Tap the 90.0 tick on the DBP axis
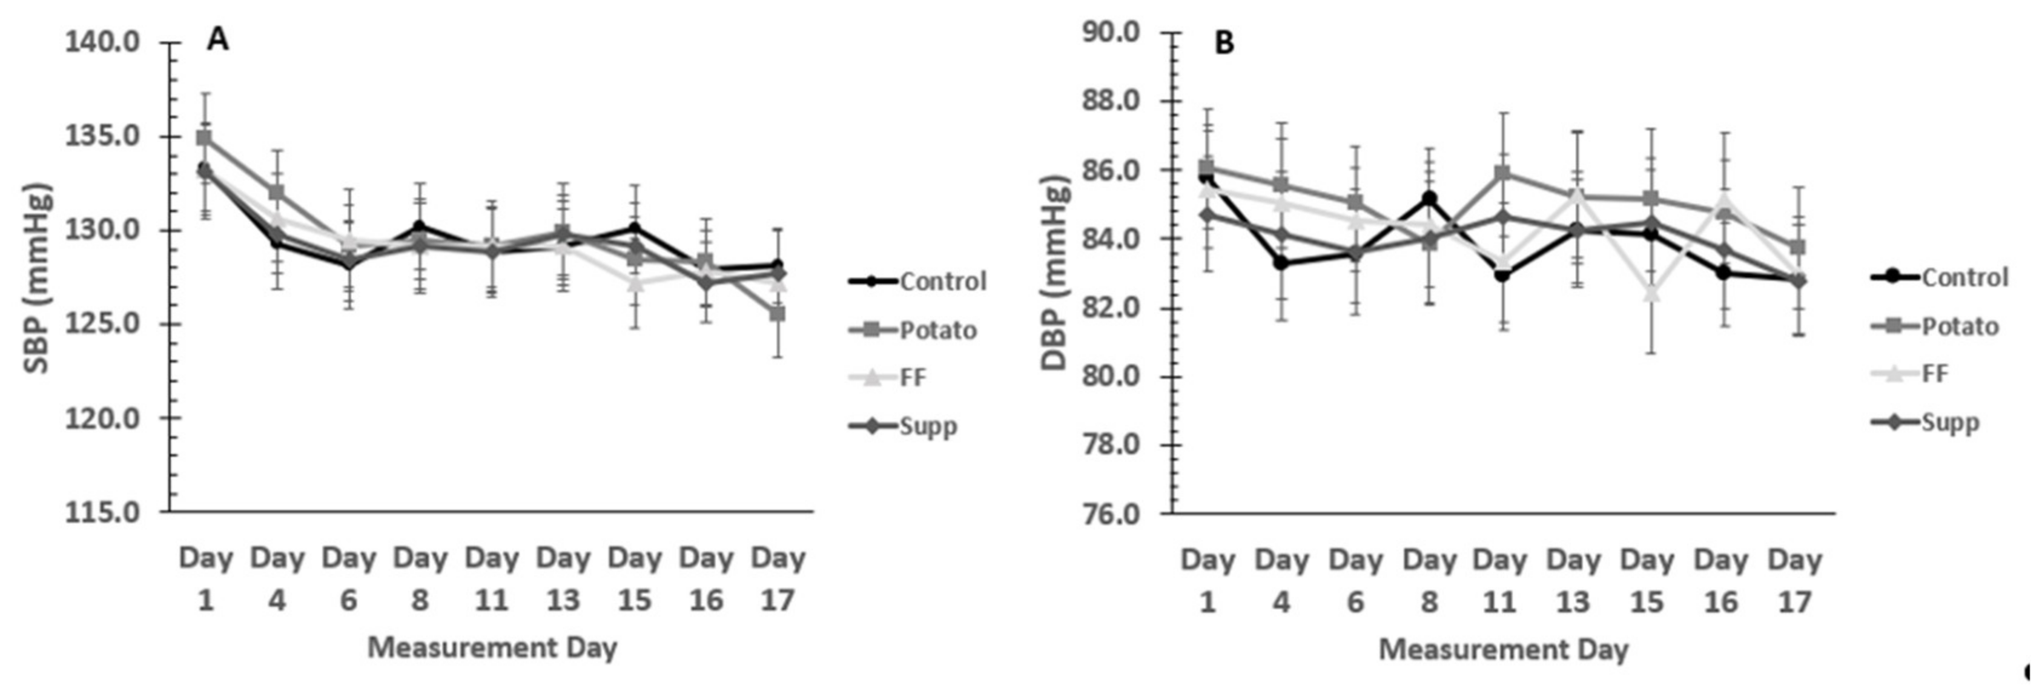pos(1114,33)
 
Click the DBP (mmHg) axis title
pos(1055,274)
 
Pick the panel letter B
pos(1224,44)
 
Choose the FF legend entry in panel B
pos(1935,373)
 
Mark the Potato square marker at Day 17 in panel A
pos(778,314)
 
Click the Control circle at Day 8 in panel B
pos(1429,198)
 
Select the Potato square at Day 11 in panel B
pos(1501,172)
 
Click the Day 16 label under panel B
pos(1721,580)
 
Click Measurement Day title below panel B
pos(1503,649)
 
